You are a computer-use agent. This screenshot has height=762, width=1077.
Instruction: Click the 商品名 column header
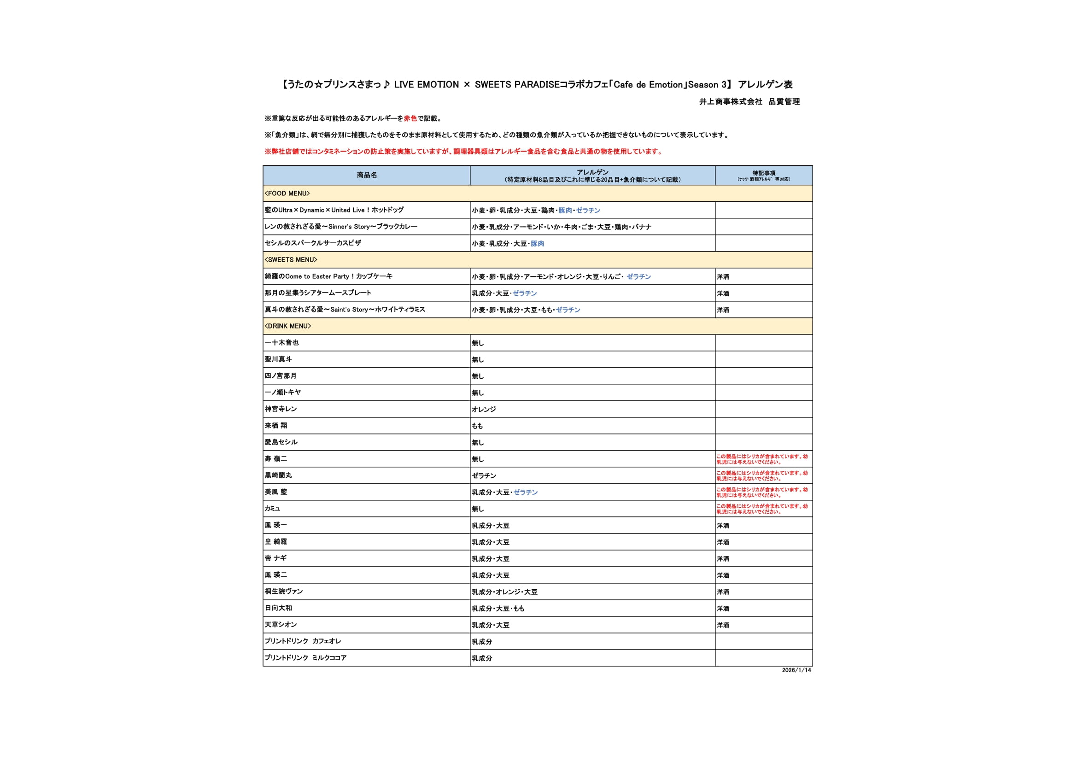tap(366, 175)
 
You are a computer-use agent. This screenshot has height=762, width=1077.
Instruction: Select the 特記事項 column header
tap(763, 173)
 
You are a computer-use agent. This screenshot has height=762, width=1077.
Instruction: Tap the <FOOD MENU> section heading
tap(287, 193)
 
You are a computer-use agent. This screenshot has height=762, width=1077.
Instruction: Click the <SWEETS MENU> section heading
tap(291, 259)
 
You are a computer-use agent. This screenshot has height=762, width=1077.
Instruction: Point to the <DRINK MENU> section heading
tap(287, 326)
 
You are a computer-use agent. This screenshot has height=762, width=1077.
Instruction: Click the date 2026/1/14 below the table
tap(796, 670)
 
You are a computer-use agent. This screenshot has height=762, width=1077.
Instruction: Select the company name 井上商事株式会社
tap(730, 102)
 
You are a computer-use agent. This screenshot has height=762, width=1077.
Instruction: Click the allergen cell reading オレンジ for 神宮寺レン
tap(484, 409)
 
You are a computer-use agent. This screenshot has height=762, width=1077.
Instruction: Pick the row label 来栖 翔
tap(276, 426)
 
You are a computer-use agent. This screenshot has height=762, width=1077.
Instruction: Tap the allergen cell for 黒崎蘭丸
tap(484, 476)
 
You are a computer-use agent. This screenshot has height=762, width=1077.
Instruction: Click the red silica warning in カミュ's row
tap(762, 509)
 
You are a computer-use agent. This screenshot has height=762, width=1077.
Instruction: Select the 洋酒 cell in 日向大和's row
tap(723, 609)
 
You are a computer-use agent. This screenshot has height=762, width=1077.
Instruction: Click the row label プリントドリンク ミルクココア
tap(305, 658)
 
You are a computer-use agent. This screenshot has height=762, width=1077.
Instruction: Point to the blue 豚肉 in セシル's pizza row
tap(537, 244)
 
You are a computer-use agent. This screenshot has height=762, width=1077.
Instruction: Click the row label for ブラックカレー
tap(340, 227)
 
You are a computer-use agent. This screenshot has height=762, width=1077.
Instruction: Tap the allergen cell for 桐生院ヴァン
tap(504, 592)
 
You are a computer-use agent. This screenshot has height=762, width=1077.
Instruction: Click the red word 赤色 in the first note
tap(410, 119)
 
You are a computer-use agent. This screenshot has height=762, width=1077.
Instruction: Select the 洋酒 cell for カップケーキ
tap(723, 277)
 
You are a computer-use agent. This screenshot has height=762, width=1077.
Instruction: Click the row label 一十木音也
tap(281, 342)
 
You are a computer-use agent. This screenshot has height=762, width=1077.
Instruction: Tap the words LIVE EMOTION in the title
tap(426, 85)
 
